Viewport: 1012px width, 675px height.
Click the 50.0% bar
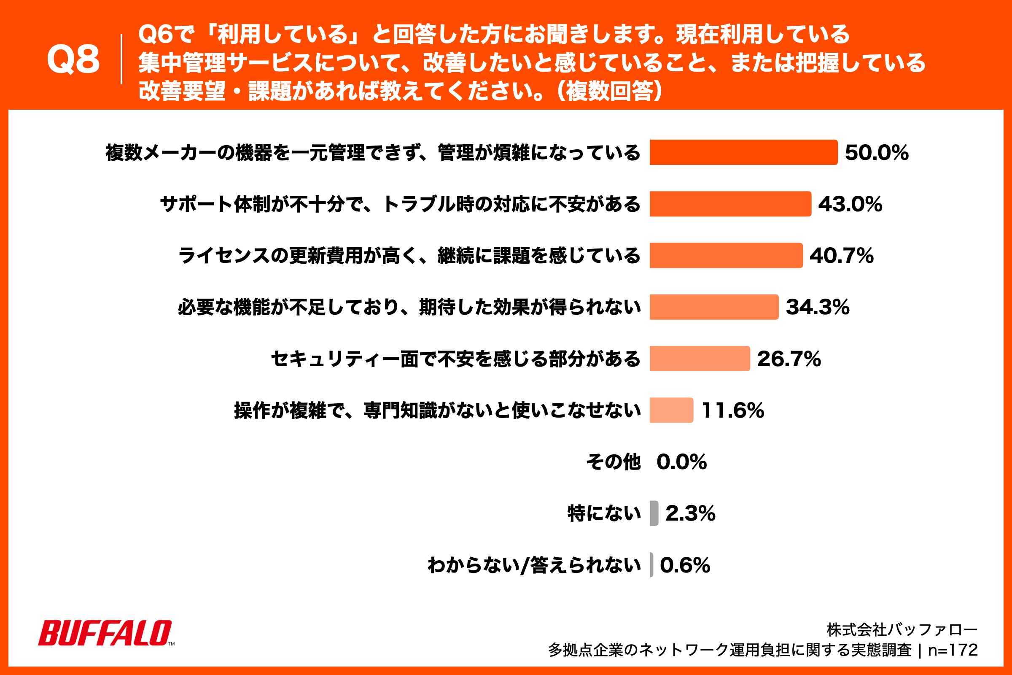(743, 152)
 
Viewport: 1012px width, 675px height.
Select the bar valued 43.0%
(730, 204)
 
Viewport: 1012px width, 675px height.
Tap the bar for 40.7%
(726, 255)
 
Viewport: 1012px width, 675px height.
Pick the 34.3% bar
(714, 307)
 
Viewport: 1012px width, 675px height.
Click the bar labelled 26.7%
(700, 359)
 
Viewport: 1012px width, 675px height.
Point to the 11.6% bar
(671, 410)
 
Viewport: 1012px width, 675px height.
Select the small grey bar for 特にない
(654, 513)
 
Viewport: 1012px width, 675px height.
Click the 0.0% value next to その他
(681, 462)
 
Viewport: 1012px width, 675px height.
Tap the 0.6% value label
(685, 565)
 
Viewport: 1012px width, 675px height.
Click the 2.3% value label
(690, 513)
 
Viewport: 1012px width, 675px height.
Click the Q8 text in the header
(73, 59)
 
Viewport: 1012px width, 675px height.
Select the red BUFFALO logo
(106, 633)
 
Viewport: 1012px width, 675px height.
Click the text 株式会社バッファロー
(902, 630)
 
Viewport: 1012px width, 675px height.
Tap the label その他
(614, 462)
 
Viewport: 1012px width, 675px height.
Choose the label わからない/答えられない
(534, 565)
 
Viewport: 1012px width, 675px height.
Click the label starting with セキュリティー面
(456, 359)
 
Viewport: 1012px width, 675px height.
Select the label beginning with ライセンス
(409, 255)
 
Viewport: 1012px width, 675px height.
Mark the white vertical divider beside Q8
(121, 59)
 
